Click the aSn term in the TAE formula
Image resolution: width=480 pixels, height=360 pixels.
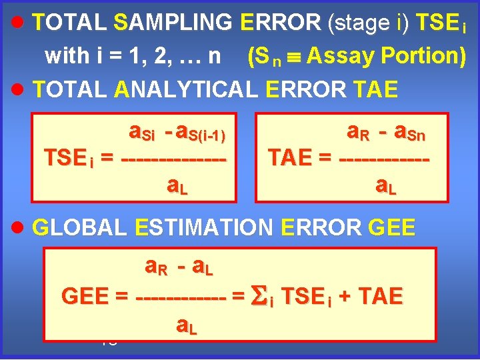pyautogui.click(x=409, y=133)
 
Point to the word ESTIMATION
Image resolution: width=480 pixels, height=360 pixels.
pyautogui.click(x=204, y=227)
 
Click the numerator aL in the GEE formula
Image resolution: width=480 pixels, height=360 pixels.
pyautogui.click(x=202, y=268)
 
